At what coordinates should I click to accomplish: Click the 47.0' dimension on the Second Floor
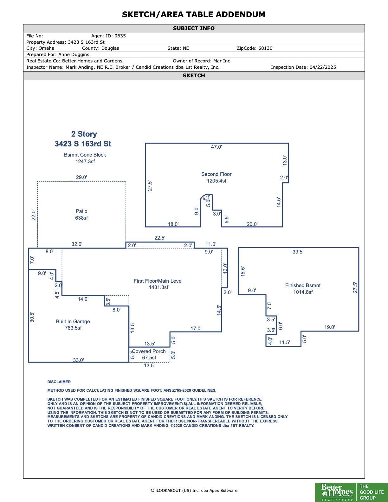[x=216, y=147]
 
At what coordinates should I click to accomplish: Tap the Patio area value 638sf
[x=81, y=218]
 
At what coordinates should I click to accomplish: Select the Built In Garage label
[x=73, y=321]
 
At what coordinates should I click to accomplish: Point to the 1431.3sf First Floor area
[x=158, y=287]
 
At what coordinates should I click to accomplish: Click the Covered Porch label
[x=149, y=351]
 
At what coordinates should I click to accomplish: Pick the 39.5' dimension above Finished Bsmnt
[x=298, y=252]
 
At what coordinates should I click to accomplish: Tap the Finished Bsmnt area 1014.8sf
[x=303, y=292]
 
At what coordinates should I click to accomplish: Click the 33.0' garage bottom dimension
[x=78, y=360]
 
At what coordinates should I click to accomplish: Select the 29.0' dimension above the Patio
[x=81, y=177]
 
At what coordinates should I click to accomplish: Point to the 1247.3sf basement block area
[x=85, y=162]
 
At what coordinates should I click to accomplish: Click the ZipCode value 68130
[x=265, y=48]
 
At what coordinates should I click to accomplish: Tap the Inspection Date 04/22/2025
[x=323, y=67]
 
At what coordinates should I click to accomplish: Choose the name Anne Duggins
[x=74, y=55]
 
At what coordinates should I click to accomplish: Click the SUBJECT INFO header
[x=194, y=28]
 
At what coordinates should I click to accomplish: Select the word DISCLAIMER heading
[x=59, y=382]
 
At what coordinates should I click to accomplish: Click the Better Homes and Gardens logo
[x=351, y=492]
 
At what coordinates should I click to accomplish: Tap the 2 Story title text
[x=84, y=134]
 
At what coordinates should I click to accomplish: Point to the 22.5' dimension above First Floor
[x=160, y=238]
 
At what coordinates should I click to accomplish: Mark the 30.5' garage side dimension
[x=32, y=317]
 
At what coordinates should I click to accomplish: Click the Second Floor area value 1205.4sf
[x=217, y=181]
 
